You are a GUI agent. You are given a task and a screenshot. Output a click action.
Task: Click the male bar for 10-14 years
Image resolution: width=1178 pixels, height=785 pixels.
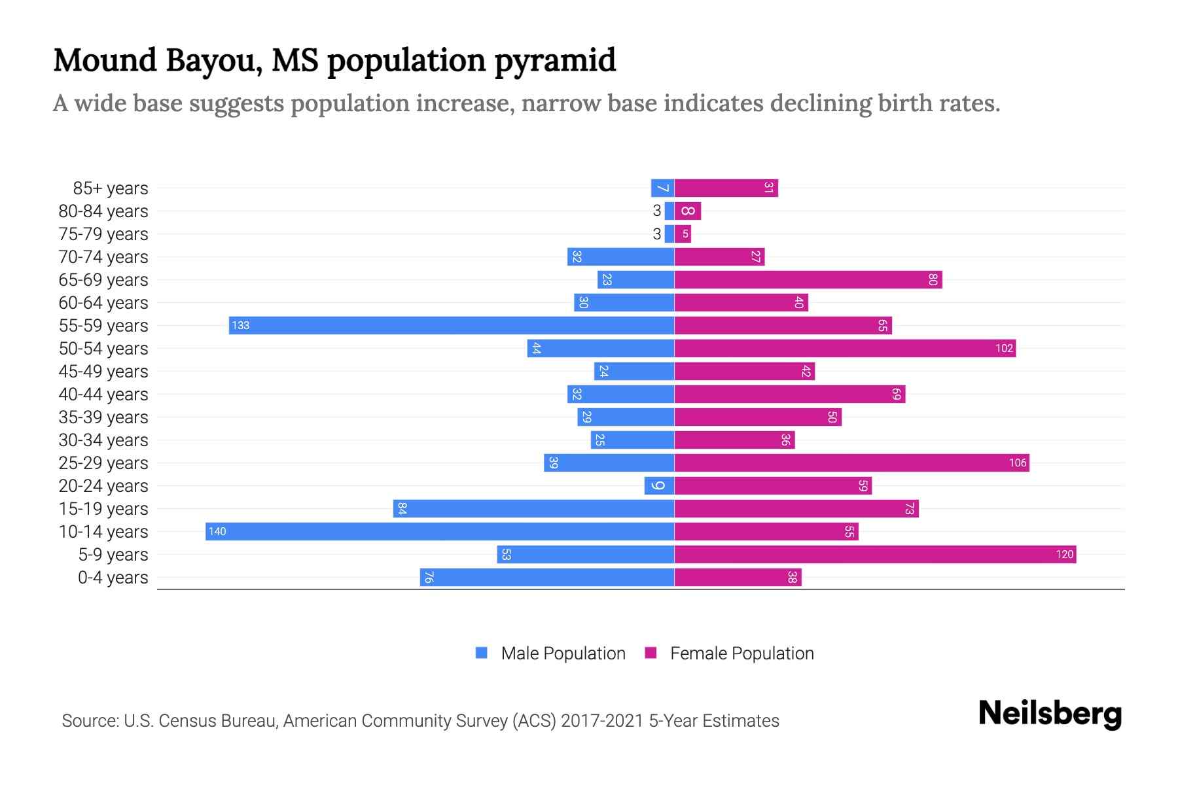440,531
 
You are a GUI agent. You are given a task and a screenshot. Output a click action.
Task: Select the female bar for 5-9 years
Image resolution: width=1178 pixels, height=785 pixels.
875,555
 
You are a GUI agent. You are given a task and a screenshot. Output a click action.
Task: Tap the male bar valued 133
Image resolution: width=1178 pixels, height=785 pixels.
452,325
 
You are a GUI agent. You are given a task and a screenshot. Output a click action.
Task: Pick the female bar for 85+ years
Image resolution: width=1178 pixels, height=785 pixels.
726,188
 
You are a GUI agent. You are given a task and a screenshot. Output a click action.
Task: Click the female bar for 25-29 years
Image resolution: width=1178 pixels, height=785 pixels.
851,463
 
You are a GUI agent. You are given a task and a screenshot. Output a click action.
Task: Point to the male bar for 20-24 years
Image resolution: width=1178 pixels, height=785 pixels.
659,486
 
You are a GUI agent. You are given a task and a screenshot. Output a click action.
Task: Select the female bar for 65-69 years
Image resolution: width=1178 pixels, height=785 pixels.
808,280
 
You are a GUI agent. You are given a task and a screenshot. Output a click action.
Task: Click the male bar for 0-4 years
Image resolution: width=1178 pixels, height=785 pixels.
547,578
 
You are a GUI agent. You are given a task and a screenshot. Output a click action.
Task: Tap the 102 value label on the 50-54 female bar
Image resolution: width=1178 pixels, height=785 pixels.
1004,349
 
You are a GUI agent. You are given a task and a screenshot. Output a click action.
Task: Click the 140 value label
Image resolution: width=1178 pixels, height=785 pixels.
217,532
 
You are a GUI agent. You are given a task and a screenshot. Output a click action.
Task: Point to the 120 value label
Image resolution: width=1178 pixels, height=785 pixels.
1064,555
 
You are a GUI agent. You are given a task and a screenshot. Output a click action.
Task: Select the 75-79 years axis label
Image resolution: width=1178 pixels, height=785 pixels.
103,234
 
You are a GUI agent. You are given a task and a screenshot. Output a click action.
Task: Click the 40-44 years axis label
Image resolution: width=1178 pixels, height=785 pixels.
103,394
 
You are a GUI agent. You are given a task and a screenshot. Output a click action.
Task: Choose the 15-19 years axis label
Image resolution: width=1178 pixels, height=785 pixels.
103,509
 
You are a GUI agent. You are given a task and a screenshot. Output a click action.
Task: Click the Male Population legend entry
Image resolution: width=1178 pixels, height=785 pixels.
562,654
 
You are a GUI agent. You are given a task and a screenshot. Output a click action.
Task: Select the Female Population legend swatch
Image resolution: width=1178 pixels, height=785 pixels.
651,653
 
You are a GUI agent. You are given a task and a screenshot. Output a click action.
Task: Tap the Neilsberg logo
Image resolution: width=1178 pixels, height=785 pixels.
1050,714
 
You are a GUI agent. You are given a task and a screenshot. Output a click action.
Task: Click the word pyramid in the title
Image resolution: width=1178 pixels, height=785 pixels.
555,61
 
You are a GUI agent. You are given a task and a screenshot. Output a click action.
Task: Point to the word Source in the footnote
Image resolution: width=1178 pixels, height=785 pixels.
89,721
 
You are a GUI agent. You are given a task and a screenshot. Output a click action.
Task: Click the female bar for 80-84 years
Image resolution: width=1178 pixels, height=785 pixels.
687,211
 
